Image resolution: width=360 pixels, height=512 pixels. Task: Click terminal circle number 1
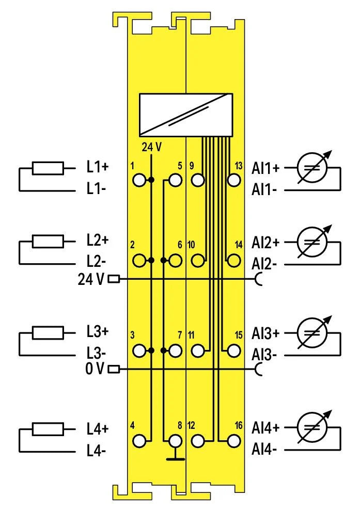click(139, 180)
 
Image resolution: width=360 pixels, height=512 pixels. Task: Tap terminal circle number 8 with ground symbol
click(176, 441)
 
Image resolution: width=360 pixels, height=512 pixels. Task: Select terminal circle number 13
click(234, 180)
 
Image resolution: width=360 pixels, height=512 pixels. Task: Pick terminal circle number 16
click(234, 441)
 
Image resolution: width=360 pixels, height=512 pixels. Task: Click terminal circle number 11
click(198, 350)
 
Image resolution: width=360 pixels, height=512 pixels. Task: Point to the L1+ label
click(97, 167)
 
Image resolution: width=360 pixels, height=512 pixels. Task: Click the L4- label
click(96, 451)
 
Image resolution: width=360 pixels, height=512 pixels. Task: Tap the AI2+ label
click(265, 242)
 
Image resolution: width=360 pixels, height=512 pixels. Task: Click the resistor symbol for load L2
click(48, 242)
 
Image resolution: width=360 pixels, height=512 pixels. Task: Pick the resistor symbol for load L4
click(48, 429)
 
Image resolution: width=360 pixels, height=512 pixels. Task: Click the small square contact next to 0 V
click(114, 370)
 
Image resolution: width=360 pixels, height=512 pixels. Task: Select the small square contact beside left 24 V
click(114, 279)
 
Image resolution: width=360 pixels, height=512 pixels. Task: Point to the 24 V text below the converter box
click(151, 147)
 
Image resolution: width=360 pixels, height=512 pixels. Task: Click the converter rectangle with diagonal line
click(186, 115)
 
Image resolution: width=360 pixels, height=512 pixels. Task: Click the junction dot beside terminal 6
click(164, 261)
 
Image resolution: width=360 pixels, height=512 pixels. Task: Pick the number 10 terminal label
click(192, 245)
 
